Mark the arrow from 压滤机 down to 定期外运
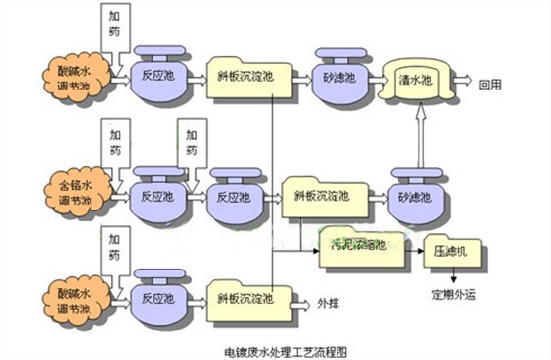click(452, 275)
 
